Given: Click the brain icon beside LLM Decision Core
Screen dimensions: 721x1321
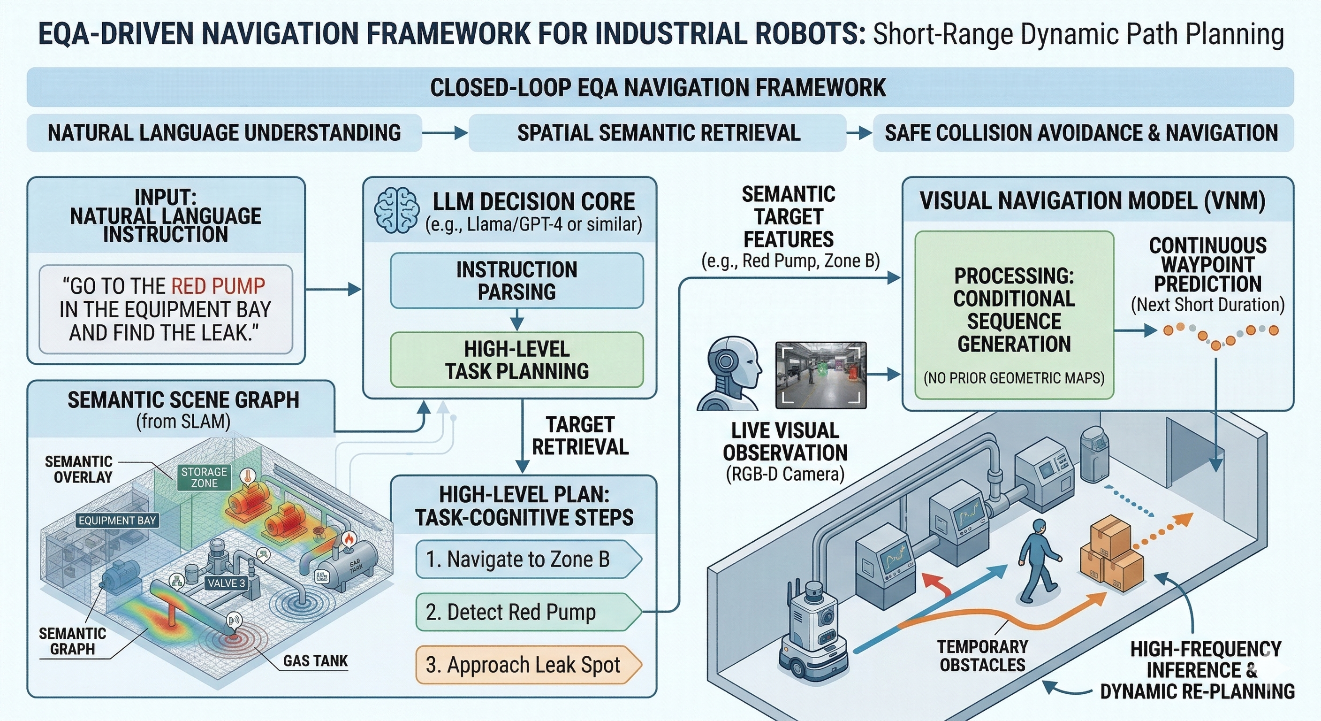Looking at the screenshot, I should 396,210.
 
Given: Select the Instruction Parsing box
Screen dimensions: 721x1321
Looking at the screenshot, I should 516,281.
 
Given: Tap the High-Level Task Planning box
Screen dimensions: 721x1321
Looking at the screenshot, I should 516,360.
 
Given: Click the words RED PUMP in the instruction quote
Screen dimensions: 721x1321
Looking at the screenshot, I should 218,286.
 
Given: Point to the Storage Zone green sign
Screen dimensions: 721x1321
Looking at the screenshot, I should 204,477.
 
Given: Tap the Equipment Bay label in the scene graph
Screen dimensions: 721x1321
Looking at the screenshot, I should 117,521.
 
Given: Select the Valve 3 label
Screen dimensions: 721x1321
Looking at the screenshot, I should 226,583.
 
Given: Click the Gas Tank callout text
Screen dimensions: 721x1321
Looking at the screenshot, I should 315,661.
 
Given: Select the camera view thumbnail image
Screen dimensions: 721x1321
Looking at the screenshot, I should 820,375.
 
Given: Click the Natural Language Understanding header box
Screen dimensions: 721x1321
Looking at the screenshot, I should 224,133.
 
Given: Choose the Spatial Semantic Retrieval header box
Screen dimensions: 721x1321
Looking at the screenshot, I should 658,133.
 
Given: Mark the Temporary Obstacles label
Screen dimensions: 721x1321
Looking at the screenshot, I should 982,656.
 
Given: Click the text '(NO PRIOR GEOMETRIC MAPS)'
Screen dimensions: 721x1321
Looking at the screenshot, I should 1014,379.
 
